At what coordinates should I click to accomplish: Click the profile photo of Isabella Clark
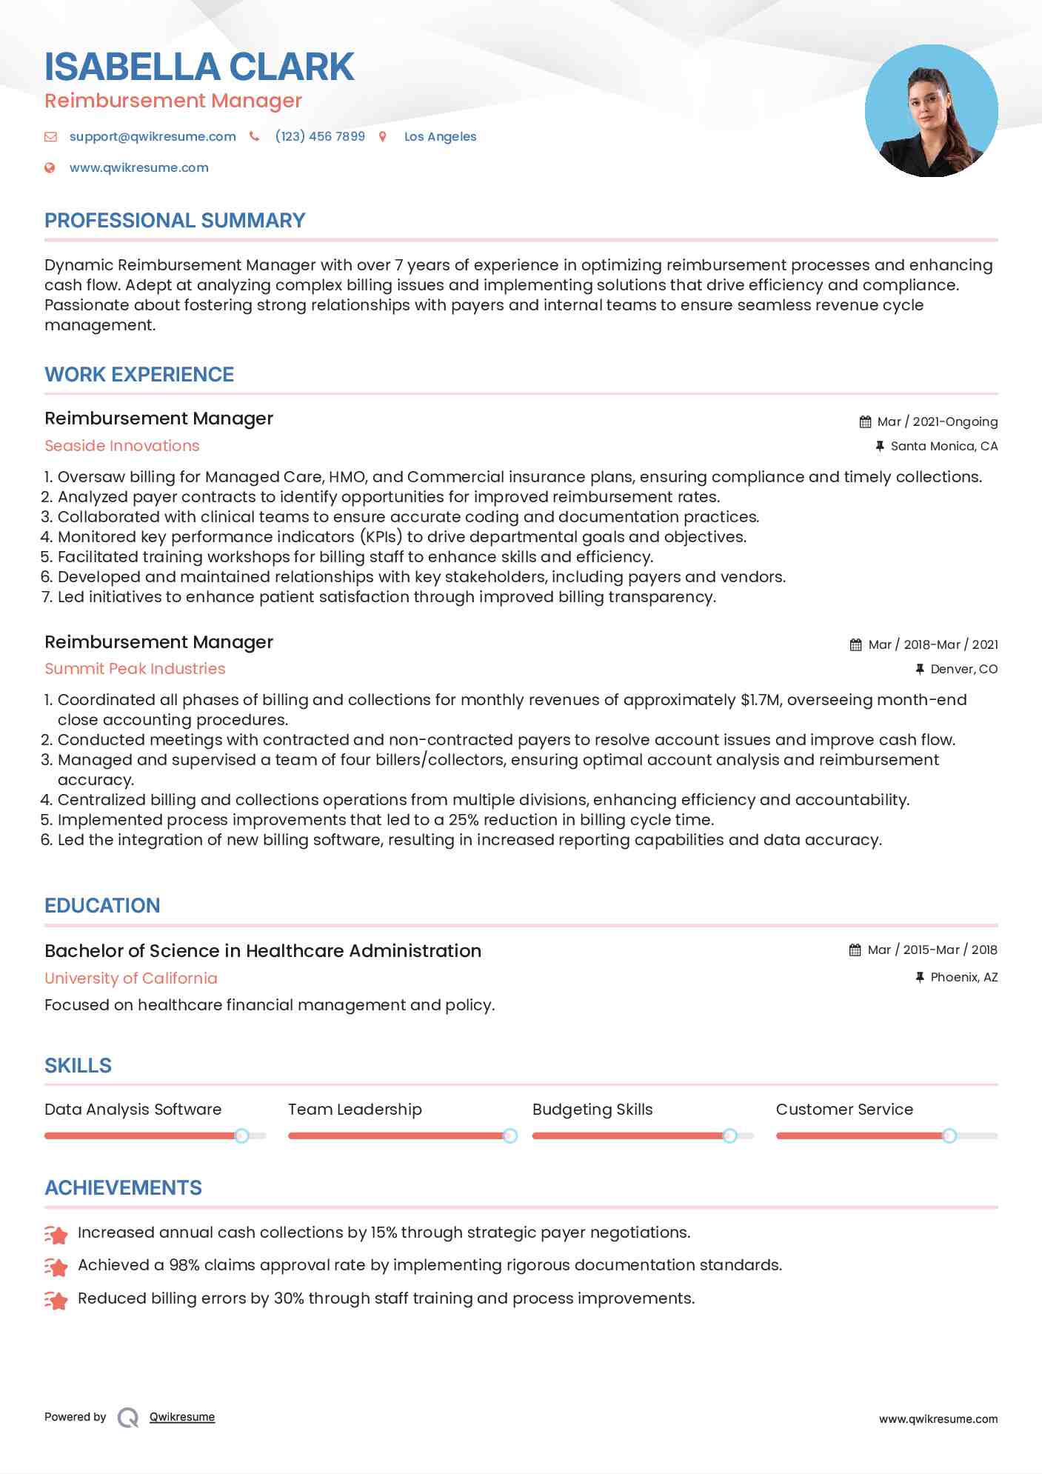coord(931,111)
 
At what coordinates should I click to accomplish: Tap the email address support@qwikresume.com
coord(153,136)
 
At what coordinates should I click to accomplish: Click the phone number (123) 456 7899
coord(320,136)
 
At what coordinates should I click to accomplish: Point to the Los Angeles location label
coord(440,136)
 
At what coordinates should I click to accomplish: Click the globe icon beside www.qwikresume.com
coord(50,168)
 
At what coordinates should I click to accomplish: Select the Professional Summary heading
coord(175,221)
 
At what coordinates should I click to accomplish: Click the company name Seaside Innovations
coord(122,446)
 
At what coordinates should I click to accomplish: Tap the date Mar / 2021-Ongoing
coord(937,421)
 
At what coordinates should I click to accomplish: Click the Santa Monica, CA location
coord(944,446)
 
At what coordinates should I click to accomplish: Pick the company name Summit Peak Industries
coord(135,669)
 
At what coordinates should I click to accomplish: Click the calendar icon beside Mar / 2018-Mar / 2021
coord(855,645)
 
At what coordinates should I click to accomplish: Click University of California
coord(131,978)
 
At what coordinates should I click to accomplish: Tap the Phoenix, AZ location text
coord(963,978)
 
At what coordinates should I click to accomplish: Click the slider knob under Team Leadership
coord(510,1135)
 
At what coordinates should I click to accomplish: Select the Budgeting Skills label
coord(592,1110)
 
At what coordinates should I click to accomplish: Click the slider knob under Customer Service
coord(949,1135)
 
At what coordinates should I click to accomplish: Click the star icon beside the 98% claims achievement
coord(56,1267)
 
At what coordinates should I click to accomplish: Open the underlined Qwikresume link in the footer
coord(182,1417)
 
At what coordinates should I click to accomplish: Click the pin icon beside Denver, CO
coord(920,669)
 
